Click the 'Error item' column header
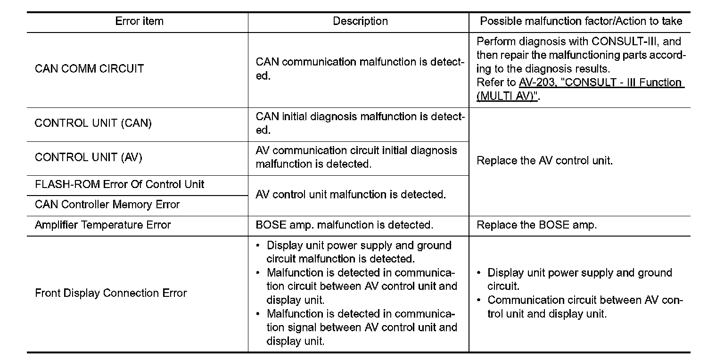point(139,21)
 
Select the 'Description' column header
point(360,21)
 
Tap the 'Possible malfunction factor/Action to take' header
point(581,21)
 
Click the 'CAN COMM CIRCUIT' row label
point(89,69)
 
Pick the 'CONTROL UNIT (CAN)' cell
point(93,123)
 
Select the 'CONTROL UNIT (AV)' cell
point(89,157)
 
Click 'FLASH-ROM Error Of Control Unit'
point(120,184)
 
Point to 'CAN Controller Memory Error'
point(107,205)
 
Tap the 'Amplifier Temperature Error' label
point(103,225)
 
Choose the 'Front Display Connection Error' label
point(111,293)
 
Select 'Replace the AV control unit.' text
point(544,161)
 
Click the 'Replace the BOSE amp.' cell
point(536,225)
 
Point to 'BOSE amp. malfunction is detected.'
point(344,225)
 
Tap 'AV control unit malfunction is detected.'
point(351,195)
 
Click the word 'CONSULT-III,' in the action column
point(621,41)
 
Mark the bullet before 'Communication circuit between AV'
point(479,300)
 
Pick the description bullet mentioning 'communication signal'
point(258,314)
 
